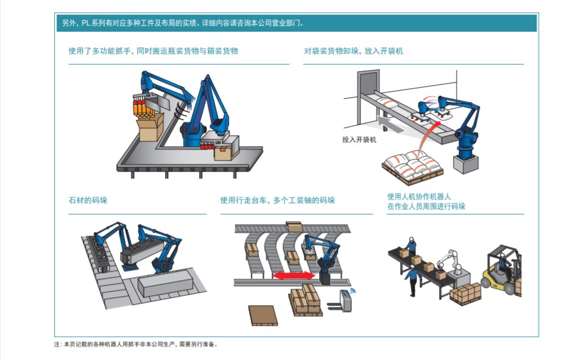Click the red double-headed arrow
294,275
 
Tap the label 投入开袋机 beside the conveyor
359,140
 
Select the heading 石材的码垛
88,200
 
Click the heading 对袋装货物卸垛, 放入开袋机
353,51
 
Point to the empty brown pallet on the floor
263,315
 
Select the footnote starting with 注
135,344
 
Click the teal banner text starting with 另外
183,24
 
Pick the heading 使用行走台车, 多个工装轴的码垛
277,200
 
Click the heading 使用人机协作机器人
419,196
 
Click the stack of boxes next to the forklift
465,293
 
